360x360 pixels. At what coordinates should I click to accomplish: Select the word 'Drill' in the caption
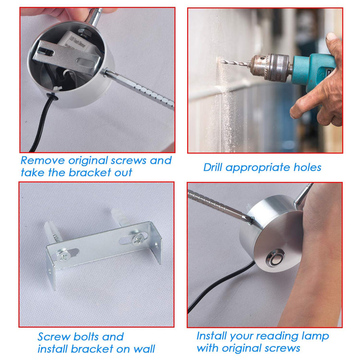click(213, 167)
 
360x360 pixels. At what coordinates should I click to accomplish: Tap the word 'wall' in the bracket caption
click(144, 349)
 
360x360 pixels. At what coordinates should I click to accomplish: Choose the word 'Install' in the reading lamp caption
click(211, 336)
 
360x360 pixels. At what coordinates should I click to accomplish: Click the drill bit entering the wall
click(234, 63)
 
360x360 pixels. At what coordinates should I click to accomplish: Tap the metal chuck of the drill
click(271, 67)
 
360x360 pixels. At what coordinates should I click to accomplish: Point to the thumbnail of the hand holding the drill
click(332, 37)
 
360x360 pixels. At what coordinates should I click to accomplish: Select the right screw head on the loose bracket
click(139, 239)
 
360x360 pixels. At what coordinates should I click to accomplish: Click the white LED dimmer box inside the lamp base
click(74, 42)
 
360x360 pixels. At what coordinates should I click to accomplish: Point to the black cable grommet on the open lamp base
click(52, 96)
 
